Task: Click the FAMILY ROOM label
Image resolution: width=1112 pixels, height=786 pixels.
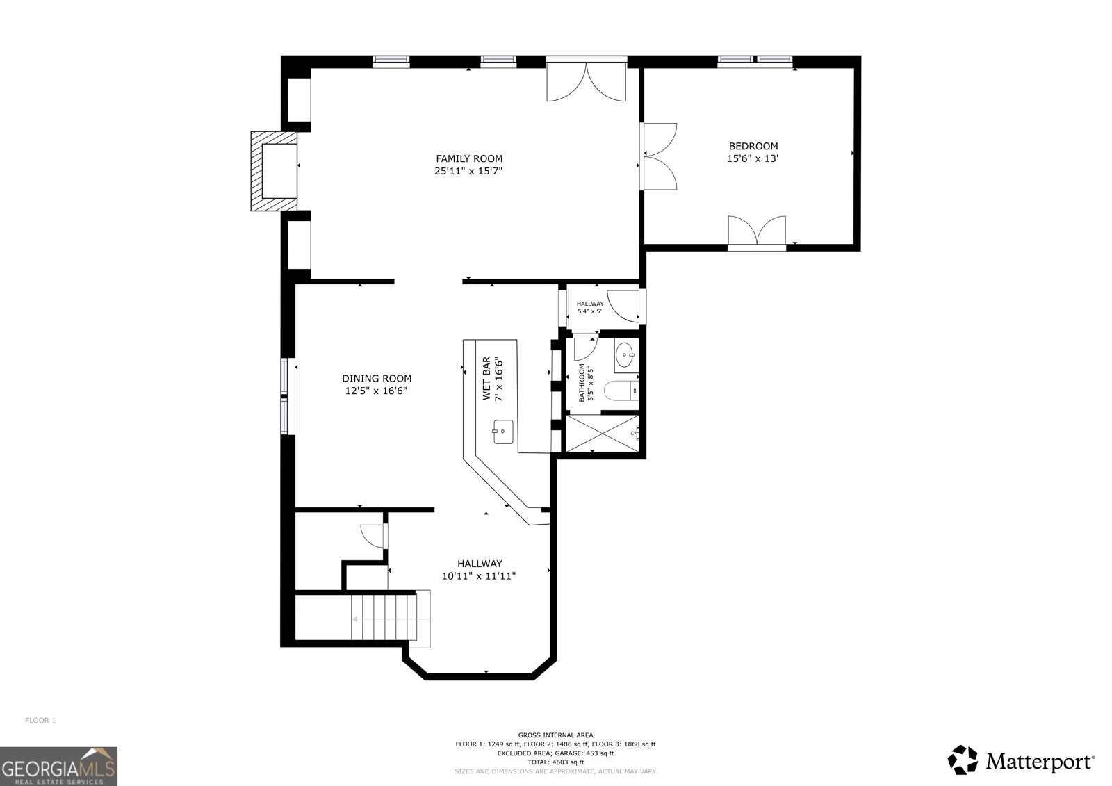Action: pos(469,158)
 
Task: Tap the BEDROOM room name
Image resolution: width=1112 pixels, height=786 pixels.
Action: pos(753,146)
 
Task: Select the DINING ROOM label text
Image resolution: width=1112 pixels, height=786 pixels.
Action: pos(377,378)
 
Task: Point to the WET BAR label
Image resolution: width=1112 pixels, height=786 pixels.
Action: pos(486,378)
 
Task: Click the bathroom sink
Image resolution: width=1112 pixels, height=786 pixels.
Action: pos(625,354)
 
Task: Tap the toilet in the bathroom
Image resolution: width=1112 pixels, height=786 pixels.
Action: pos(621,391)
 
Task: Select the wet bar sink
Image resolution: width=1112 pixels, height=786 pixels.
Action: pos(503,432)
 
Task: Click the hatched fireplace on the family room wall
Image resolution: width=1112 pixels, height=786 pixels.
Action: pos(274,171)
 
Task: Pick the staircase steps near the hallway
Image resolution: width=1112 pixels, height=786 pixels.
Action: pos(390,619)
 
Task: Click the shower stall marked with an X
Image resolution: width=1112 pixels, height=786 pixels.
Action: pos(602,434)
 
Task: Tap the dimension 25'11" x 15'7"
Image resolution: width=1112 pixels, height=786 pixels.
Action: pos(469,171)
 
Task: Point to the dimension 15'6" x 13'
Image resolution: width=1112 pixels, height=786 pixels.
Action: pos(753,159)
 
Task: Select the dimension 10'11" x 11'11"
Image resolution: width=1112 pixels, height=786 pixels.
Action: pos(479,576)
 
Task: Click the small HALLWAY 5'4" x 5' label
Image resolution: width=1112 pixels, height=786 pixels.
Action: pos(590,307)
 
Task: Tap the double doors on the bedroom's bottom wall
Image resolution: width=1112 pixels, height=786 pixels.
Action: pos(757,232)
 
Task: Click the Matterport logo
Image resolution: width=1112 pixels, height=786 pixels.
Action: pos(1021,760)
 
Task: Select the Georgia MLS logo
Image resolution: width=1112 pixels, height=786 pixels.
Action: pos(58,766)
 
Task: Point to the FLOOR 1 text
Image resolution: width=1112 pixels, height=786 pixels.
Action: pos(40,721)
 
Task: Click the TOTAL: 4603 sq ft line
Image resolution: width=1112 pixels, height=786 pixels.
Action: pos(555,762)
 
